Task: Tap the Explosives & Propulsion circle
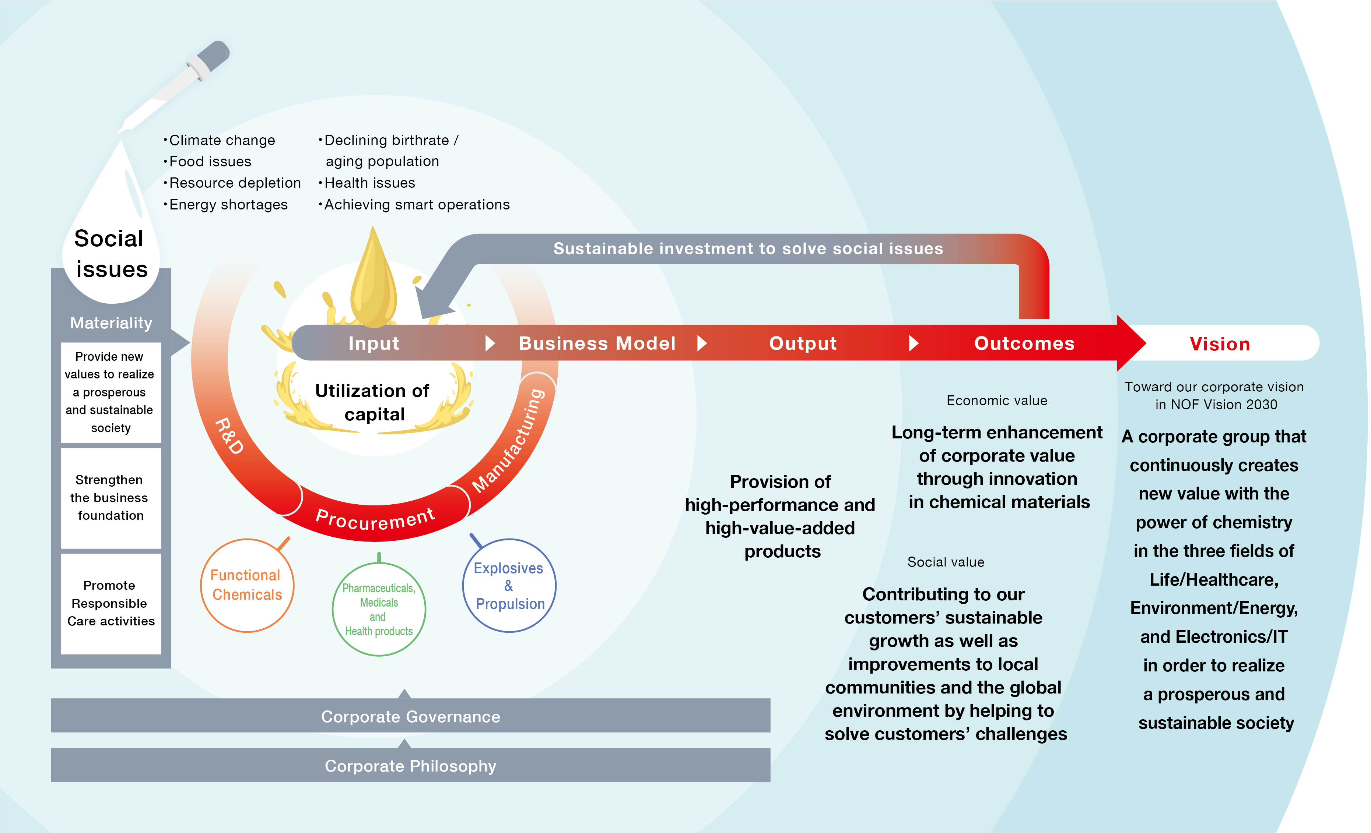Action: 509,586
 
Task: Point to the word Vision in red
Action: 1220,344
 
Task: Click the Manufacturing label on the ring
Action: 509,440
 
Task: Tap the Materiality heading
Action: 111,322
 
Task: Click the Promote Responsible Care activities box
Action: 111,603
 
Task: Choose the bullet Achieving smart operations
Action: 417,205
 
